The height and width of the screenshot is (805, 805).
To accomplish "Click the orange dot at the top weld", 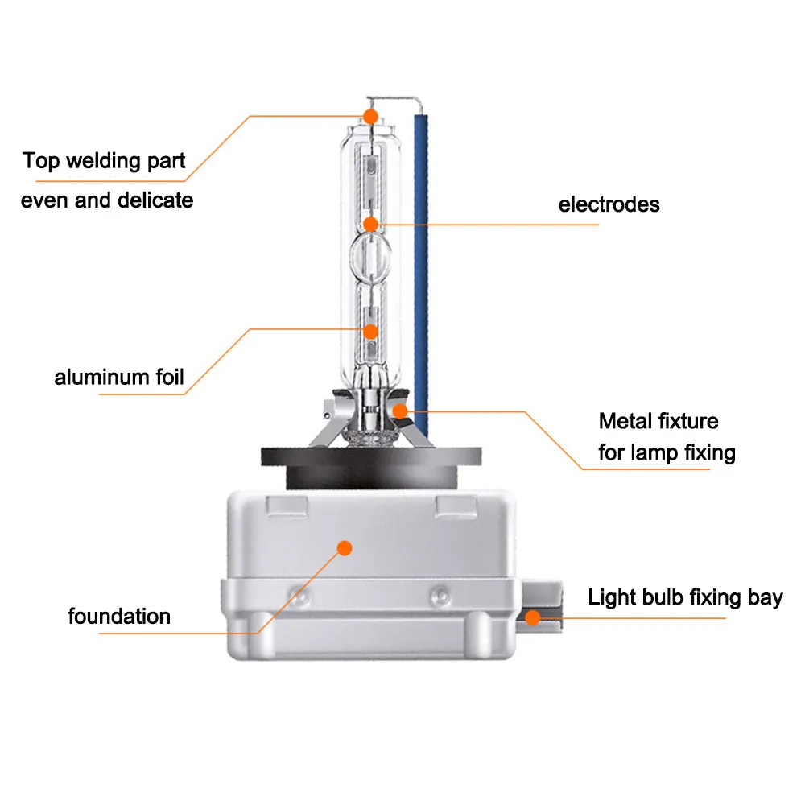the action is pos(370,117).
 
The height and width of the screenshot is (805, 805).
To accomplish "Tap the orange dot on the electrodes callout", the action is pos(370,225).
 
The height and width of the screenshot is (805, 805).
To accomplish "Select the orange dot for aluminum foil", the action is pos(370,332).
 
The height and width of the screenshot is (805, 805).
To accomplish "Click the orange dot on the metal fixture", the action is pos(400,411).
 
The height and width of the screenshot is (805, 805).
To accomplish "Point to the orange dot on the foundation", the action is pos(345,548).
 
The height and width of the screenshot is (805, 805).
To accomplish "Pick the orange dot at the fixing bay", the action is pos(533,617).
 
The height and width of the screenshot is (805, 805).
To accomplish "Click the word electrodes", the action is pos(609,204).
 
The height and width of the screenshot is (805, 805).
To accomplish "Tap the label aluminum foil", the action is pos(118,377).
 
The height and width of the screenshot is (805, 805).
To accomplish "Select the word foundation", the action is pos(119,616).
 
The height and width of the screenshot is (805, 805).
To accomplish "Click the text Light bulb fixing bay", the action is pos(685,598).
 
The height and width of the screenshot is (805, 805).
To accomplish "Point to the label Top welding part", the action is pos(104,161).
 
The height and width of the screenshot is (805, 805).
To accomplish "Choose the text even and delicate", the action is pos(107,200).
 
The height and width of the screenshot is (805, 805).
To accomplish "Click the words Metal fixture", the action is pos(658,421).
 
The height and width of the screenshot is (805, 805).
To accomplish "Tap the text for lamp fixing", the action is pos(667,452).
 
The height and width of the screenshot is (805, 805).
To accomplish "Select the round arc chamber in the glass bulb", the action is pos(370,255).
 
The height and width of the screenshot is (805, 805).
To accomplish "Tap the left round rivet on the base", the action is pos(299,596).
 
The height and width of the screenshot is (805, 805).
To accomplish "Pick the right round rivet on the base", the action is pos(440,596).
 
